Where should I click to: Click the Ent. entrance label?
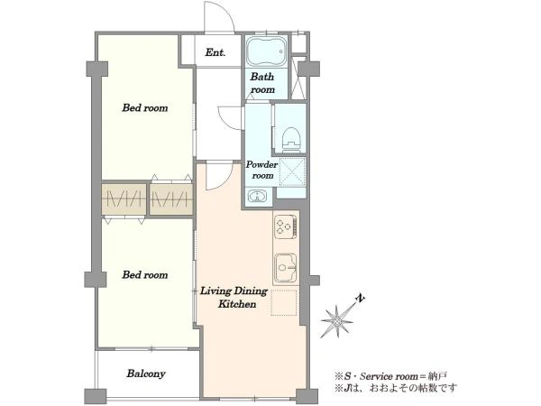point(215,53)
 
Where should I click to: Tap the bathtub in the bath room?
point(267,51)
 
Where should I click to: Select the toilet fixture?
point(290,139)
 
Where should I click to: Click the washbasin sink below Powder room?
point(257,197)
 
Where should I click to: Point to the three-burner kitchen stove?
point(285,226)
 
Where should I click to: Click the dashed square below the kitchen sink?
point(284,303)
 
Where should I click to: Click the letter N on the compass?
point(360,299)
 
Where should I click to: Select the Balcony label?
point(145,374)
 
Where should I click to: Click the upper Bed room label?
point(145,107)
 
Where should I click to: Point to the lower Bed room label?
point(145,275)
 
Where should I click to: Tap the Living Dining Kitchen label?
point(234,298)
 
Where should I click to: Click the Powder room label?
point(261,170)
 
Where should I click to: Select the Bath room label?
point(262,83)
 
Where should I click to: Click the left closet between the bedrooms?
point(124,199)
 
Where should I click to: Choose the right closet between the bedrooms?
point(171,199)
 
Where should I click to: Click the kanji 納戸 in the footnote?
point(437,376)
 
